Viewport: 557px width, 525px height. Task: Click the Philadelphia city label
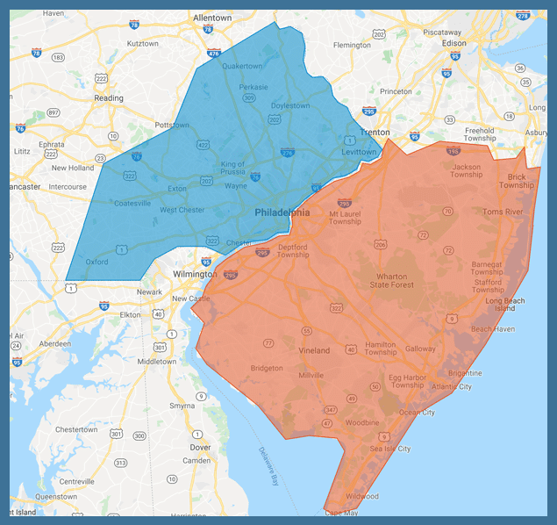(x=282, y=213)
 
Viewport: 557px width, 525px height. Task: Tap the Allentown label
(x=212, y=18)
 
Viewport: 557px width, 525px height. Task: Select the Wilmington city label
(x=194, y=273)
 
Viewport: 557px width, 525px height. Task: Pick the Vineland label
(x=312, y=350)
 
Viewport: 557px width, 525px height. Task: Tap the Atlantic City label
(x=452, y=386)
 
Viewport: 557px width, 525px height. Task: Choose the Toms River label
(x=503, y=212)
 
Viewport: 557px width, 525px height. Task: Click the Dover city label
(x=200, y=447)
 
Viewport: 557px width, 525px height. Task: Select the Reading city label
(x=109, y=98)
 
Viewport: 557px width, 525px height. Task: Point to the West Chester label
(x=182, y=210)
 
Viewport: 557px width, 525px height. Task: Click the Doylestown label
(x=289, y=105)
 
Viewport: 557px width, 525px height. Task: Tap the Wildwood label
(x=362, y=496)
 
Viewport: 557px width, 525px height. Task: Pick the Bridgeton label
(x=267, y=368)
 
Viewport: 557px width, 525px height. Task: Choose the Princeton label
(x=396, y=91)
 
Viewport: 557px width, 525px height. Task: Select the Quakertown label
(x=243, y=66)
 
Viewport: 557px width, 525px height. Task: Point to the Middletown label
(x=157, y=361)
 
